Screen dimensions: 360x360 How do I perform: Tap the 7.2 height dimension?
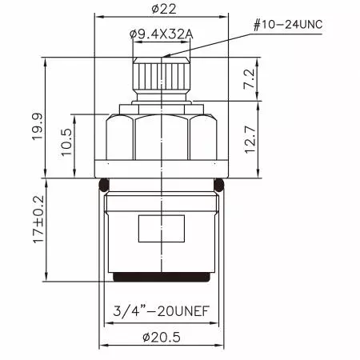click(249, 78)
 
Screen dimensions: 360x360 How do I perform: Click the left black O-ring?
click(102, 186)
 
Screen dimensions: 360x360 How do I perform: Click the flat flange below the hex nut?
click(163, 169)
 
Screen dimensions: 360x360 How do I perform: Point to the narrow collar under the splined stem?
click(163, 106)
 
